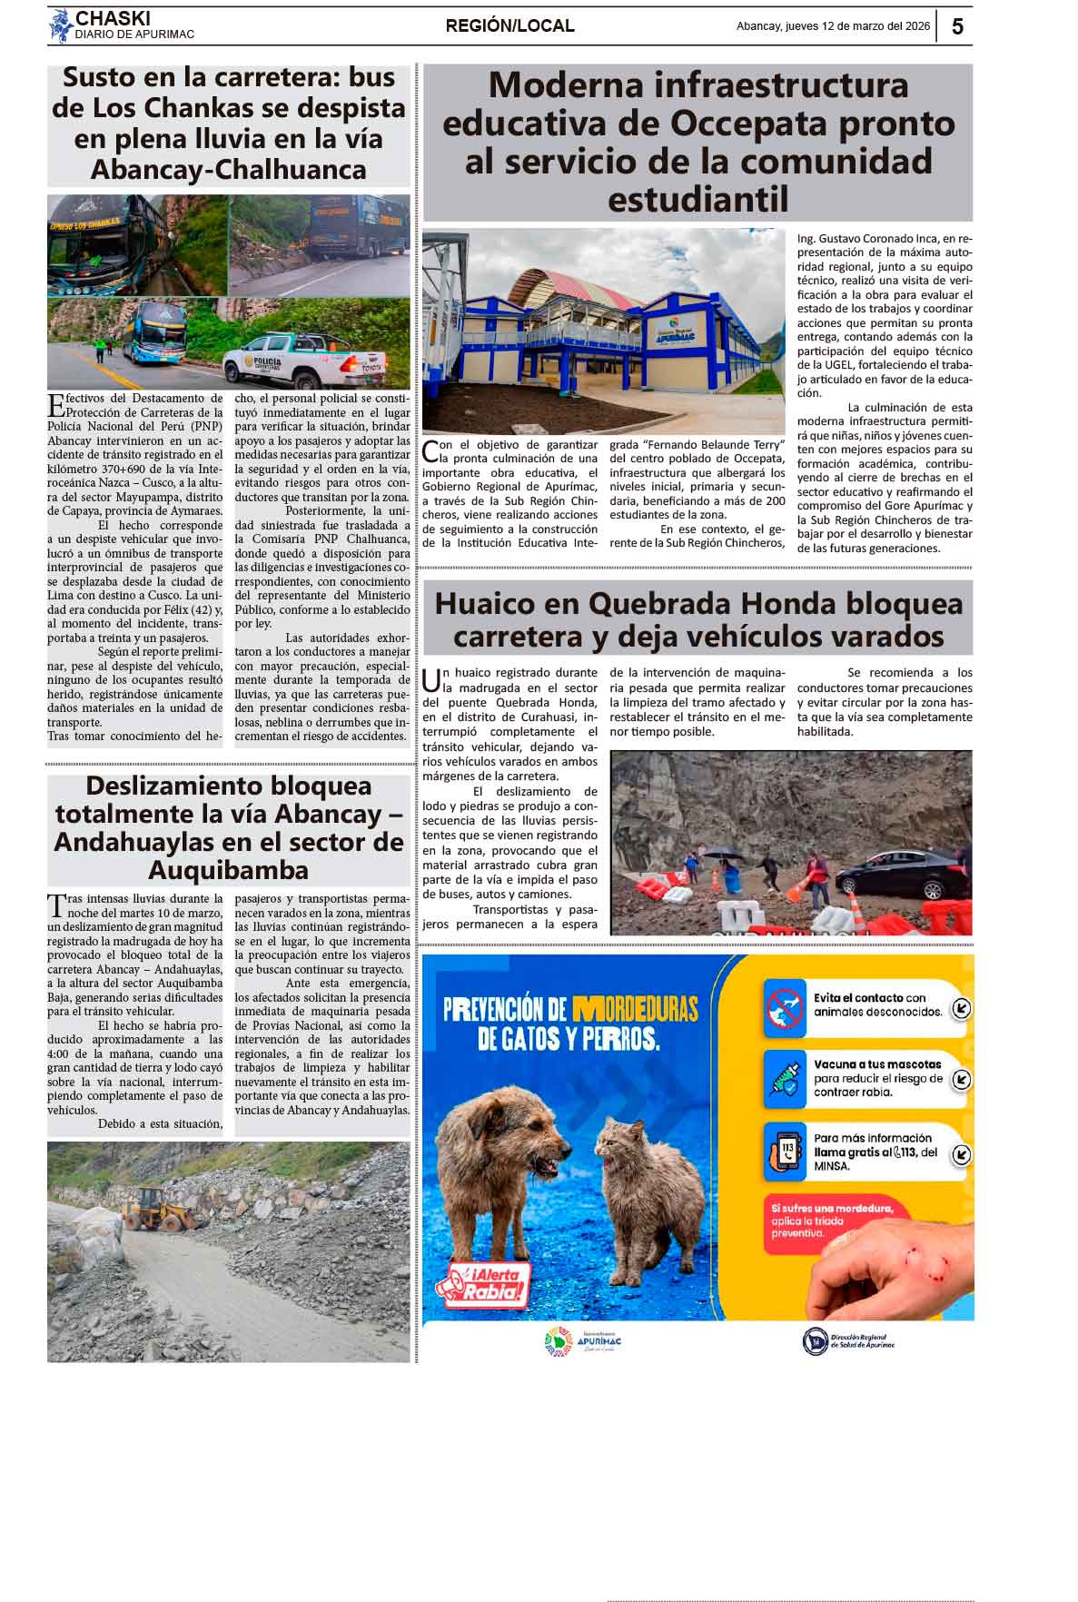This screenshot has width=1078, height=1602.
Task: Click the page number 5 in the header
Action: coord(957,26)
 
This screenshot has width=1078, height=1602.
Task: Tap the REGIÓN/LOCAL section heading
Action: coord(509,26)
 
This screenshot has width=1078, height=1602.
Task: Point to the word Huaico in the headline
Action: coord(507,604)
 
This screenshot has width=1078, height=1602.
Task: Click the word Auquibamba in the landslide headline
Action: coord(228,870)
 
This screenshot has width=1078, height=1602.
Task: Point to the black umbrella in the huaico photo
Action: coord(724,855)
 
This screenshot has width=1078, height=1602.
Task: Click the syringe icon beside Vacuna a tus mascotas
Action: coord(785,1079)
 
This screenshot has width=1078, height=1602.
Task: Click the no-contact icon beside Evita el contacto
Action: coord(785,1006)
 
